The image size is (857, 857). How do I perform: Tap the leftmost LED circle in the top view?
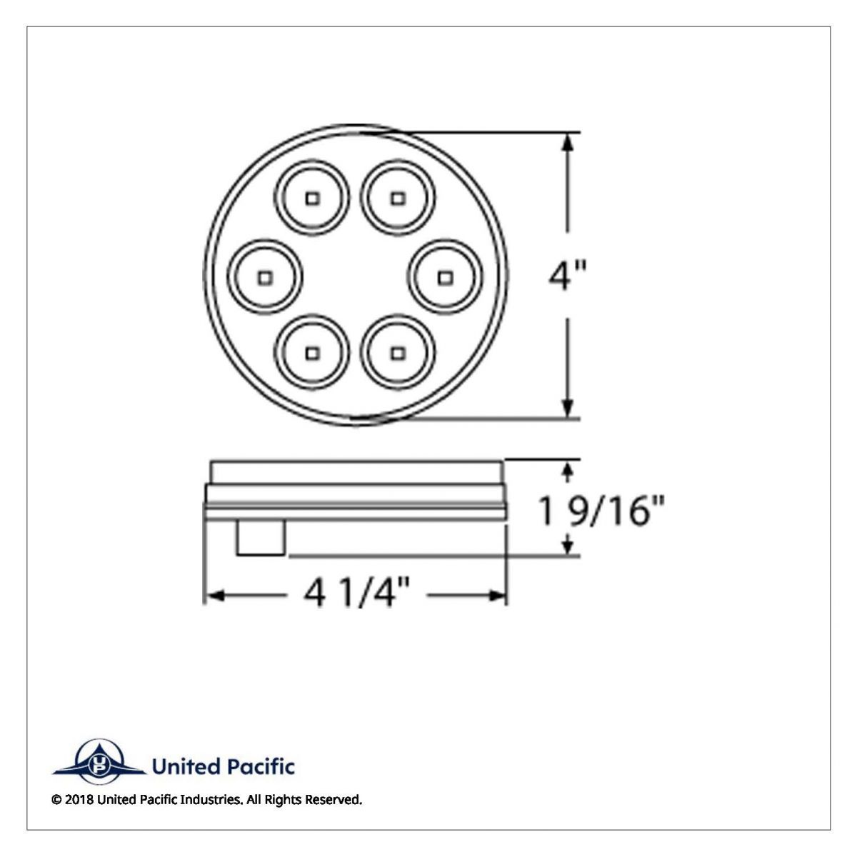266,275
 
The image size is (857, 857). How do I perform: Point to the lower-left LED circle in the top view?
312,353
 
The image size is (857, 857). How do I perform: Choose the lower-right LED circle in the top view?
399,353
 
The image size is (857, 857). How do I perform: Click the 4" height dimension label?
566,276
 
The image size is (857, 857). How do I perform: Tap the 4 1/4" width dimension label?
357,594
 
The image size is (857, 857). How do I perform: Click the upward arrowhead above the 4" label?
568,141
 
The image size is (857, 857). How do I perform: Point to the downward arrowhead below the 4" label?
568,409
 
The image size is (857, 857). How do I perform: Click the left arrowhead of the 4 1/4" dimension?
214,594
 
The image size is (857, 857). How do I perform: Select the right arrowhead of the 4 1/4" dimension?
498,594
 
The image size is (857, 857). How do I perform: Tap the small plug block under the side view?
261,538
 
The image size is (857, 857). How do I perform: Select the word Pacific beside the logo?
261,767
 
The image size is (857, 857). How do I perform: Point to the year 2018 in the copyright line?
78,800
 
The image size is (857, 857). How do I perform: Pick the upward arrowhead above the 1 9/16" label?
568,469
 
